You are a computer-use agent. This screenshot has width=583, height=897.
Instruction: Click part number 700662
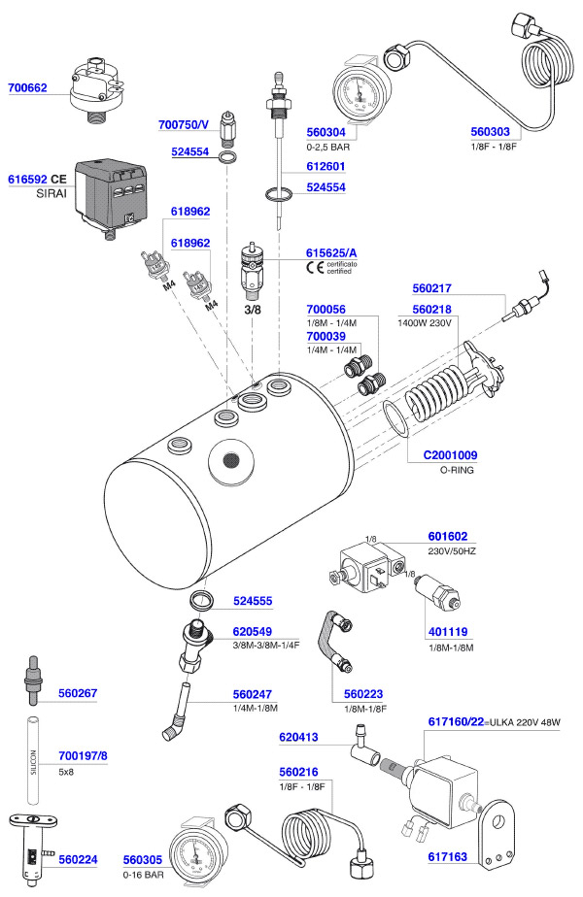30,87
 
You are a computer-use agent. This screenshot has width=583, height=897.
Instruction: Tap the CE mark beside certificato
315,268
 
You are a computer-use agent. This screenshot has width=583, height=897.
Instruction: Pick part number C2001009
450,454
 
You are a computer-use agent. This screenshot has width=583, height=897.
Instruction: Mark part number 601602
448,535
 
